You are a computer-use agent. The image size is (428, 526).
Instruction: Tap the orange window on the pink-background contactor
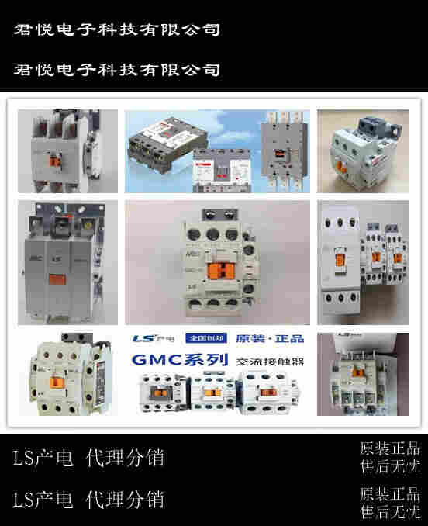221,271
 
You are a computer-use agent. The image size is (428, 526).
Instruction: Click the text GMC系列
180,360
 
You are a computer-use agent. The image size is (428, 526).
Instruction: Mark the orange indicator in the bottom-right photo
359,390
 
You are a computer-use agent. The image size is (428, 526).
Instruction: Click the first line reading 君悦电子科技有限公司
117,30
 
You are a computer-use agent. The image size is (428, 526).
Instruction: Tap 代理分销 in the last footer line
125,498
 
